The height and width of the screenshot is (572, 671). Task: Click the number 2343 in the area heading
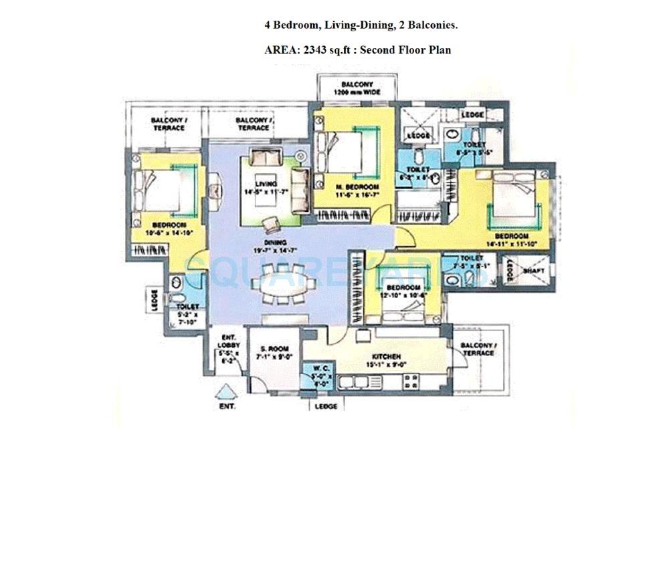pyautogui.click(x=316, y=49)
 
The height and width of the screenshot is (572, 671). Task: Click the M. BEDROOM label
pyautogui.click(x=358, y=186)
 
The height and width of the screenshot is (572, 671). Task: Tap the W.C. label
pyautogui.click(x=318, y=368)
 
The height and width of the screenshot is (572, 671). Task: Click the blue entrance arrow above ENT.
pyautogui.click(x=227, y=392)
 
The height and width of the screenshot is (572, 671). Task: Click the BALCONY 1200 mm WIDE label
pyautogui.click(x=352, y=88)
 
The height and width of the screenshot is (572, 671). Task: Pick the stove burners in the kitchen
pyautogui.click(x=411, y=381)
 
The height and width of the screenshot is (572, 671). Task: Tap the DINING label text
pyautogui.click(x=275, y=243)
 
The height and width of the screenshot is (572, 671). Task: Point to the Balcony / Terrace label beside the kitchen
pyautogui.click(x=478, y=349)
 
